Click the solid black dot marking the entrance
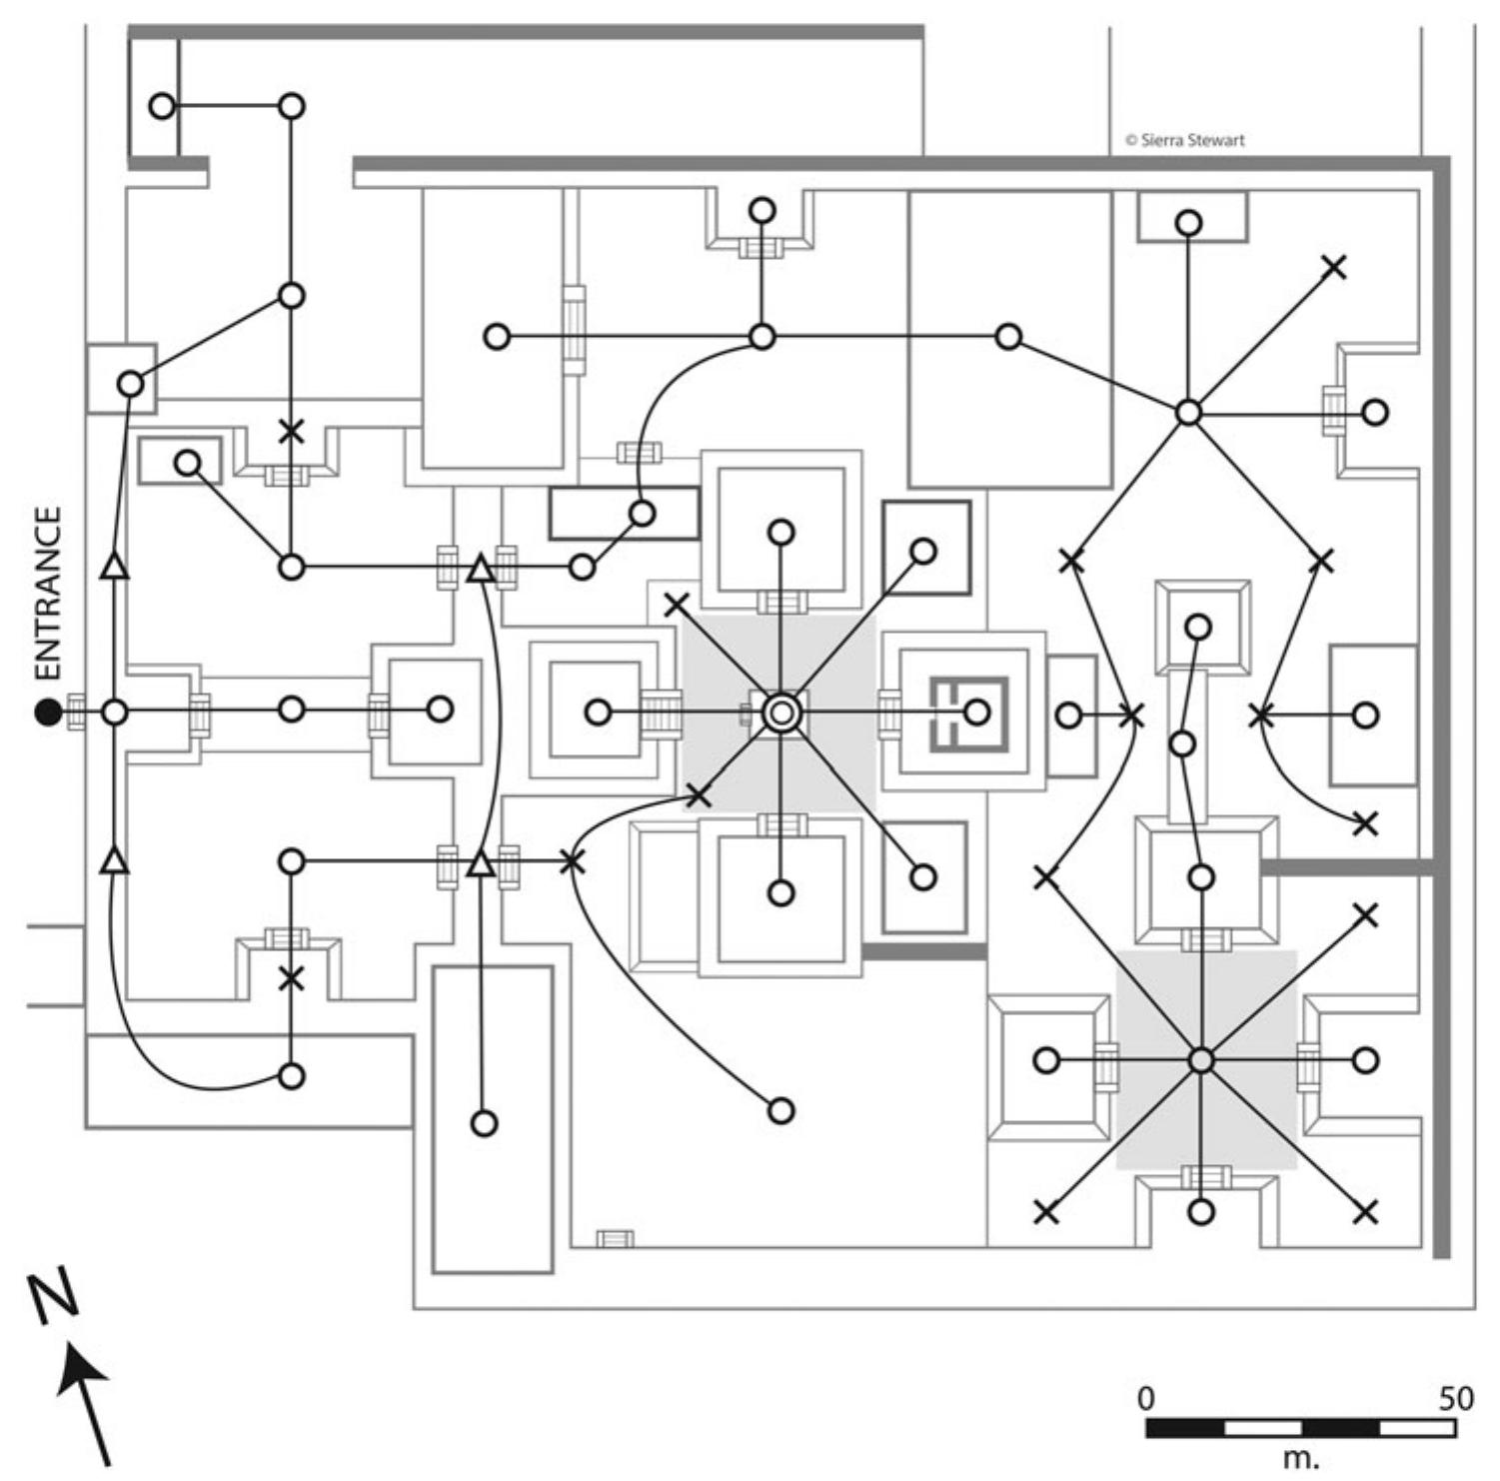coord(47,713)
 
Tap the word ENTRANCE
coord(47,594)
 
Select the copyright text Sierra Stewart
coord(1185,140)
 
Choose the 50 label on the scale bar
coord(1456,1398)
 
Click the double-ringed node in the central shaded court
coord(781,713)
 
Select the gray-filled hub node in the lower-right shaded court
coord(1202,1060)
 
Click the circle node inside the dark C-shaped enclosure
coord(976,713)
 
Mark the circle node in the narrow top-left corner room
coord(161,106)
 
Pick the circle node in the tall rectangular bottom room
coord(484,1123)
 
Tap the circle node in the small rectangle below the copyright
coord(1188,223)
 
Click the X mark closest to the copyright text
coord(1334,267)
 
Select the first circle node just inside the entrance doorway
coord(115,713)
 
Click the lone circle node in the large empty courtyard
coord(781,1110)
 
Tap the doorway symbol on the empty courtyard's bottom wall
coord(615,1240)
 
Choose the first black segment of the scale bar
coord(1185,1428)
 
